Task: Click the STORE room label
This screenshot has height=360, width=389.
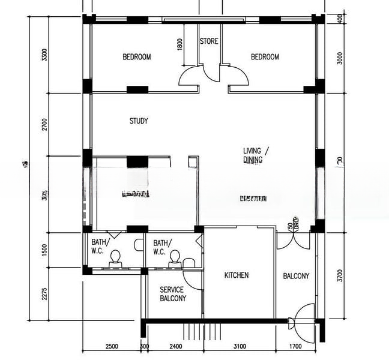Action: pyautogui.click(x=209, y=41)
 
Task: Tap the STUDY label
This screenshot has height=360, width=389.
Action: pyautogui.click(x=139, y=121)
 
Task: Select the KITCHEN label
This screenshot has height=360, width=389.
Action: pyautogui.click(x=237, y=275)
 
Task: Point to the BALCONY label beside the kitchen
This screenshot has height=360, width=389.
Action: pyautogui.click(x=296, y=276)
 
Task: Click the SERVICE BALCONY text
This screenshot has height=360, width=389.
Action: pyautogui.click(x=173, y=294)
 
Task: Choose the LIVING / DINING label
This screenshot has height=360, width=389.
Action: pyautogui.click(x=256, y=155)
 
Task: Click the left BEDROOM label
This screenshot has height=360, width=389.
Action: pyautogui.click(x=136, y=58)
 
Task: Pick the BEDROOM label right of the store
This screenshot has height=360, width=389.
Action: pyautogui.click(x=265, y=58)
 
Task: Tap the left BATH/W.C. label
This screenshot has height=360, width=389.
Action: pyautogui.click(x=98, y=247)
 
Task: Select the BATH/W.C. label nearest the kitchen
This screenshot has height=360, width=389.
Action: pyautogui.click(x=162, y=247)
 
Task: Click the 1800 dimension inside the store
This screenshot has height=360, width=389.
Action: pyautogui.click(x=180, y=44)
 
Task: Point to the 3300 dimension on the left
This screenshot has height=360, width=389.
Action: pyautogui.click(x=43, y=55)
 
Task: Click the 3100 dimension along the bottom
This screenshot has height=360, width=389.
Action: pyautogui.click(x=240, y=346)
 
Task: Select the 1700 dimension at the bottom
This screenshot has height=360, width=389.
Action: pyautogui.click(x=295, y=346)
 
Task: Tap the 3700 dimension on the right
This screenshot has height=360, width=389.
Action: pyautogui.click(x=340, y=275)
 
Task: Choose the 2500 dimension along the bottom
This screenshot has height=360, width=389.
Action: pyautogui.click(x=111, y=346)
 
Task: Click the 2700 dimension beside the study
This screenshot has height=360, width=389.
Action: pyautogui.click(x=43, y=124)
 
